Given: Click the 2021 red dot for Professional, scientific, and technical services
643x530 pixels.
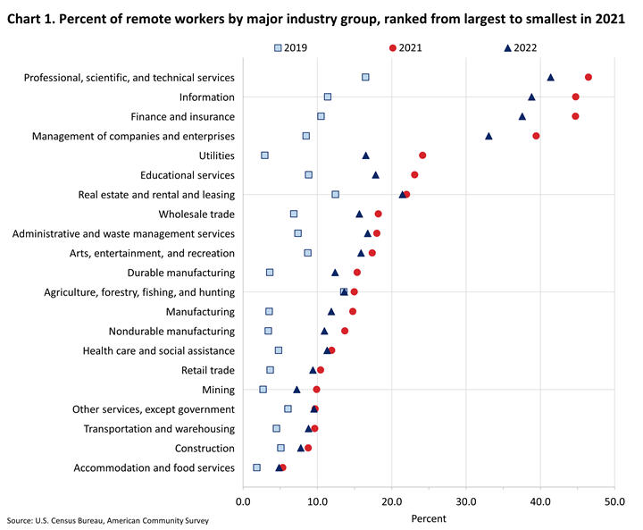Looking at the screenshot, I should (588, 78).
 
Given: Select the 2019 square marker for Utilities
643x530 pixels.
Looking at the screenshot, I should (264, 156).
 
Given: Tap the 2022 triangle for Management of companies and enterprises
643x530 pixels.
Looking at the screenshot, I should (489, 136).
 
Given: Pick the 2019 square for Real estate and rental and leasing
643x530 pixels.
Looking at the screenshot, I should (335, 194).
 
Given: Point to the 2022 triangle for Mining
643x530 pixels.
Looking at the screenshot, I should (296, 390).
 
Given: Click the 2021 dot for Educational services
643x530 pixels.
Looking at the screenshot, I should (414, 175).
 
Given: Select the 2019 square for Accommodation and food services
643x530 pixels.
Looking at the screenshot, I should (257, 467).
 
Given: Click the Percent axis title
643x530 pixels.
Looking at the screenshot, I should (428, 517).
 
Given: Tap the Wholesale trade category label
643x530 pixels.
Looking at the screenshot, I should (196, 215).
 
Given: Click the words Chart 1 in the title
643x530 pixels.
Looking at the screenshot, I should (33, 16).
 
